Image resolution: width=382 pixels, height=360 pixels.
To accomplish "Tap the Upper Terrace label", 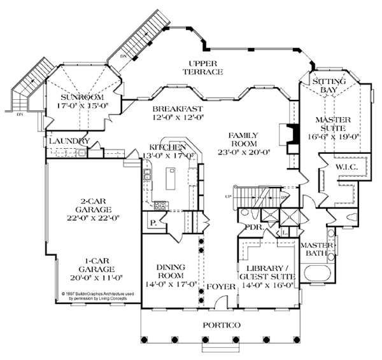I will click(x=204, y=67).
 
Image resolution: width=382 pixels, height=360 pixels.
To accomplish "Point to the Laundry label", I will click(x=68, y=141).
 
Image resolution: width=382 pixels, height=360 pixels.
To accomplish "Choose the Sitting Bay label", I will click(x=329, y=86).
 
